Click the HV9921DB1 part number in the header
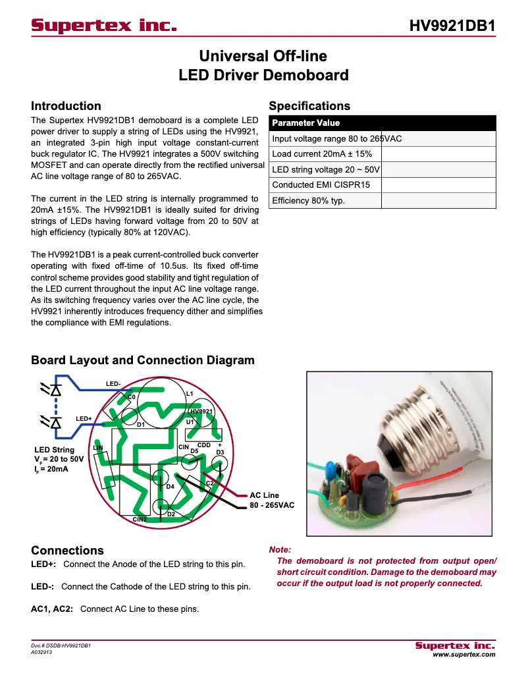(x=452, y=26)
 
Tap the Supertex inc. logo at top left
(x=104, y=26)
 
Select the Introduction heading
(x=66, y=106)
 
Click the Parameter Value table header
(x=306, y=123)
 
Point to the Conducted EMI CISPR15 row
(x=321, y=185)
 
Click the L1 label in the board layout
(x=190, y=394)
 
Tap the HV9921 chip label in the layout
(x=202, y=412)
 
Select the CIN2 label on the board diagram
(x=139, y=520)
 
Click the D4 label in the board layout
(x=170, y=487)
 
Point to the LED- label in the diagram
(x=113, y=384)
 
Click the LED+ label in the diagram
(x=84, y=419)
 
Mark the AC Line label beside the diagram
(x=264, y=495)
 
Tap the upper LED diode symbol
(x=55, y=389)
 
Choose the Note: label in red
(x=280, y=549)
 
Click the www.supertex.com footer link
(x=463, y=655)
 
